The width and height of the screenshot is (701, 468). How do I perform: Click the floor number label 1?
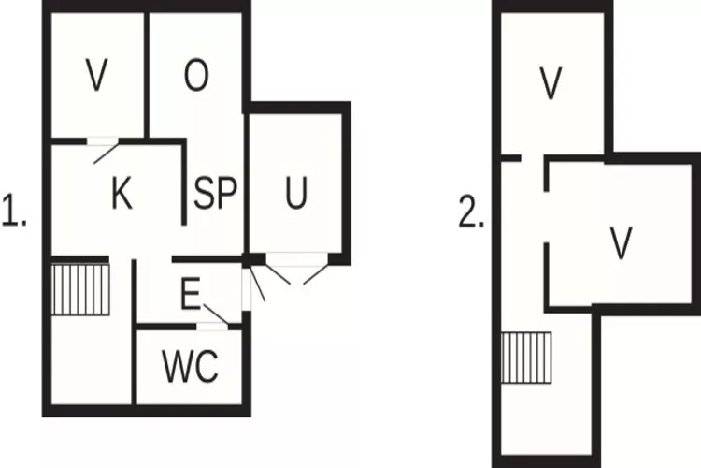(x=14, y=214)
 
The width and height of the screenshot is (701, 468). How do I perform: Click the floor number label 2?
(x=470, y=214)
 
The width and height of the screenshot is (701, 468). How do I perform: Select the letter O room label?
(x=195, y=77)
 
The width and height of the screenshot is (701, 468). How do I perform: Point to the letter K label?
(x=121, y=195)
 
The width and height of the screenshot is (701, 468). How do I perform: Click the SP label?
(x=216, y=195)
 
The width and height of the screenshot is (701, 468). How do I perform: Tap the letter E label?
(x=190, y=296)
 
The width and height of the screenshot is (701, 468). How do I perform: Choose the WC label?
(x=191, y=367)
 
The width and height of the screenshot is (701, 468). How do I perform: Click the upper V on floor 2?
(x=551, y=84)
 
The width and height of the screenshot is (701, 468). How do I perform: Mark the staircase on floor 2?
(x=526, y=358)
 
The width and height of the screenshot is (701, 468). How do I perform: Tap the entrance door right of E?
(x=253, y=285)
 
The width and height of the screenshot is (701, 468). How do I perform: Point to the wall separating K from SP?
(x=183, y=183)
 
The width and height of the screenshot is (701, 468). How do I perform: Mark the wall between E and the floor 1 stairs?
(x=135, y=290)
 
